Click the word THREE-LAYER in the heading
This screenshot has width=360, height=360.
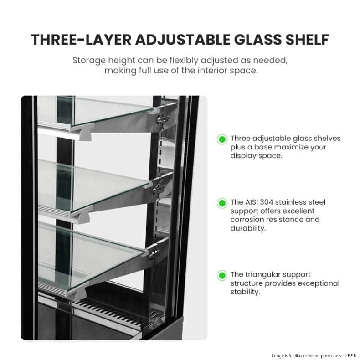(81, 40)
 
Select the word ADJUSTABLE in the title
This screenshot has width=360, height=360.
(183, 40)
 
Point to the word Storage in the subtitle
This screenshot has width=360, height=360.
(89, 61)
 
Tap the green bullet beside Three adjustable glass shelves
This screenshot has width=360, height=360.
(222, 139)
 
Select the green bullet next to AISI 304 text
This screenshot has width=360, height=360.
(222, 203)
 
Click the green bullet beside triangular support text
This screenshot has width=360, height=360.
(222, 275)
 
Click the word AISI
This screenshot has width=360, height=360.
(251, 202)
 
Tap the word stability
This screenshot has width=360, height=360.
(245, 292)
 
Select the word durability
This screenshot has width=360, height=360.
(248, 228)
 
